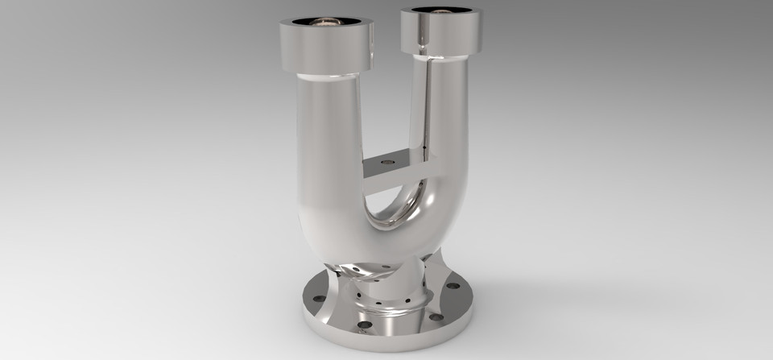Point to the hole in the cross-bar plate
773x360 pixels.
[x=387, y=162]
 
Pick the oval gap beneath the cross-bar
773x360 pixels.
[x=395, y=201]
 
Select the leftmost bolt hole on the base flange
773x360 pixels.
[x=318, y=299]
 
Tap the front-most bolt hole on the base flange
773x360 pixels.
[x=364, y=325]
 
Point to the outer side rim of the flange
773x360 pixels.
[x=386, y=343]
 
